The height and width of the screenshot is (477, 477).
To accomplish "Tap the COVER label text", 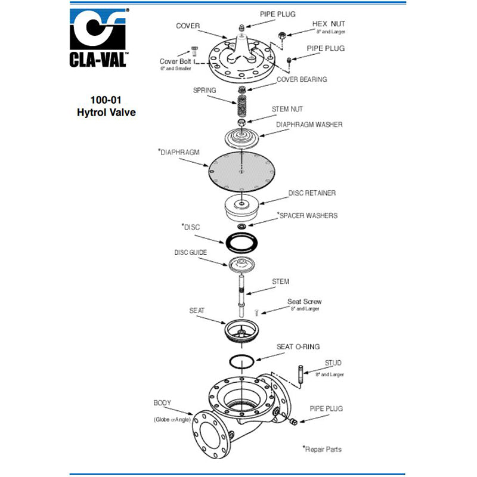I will (x=187, y=26).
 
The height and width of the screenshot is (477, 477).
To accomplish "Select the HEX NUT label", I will (x=329, y=24).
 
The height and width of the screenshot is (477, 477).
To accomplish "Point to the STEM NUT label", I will (x=287, y=109).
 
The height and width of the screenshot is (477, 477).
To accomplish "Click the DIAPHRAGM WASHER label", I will (x=309, y=125).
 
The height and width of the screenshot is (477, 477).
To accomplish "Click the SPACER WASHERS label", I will (x=308, y=215).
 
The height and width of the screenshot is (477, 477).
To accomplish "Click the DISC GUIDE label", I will (x=190, y=252).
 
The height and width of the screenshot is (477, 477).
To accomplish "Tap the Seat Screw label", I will (x=304, y=302).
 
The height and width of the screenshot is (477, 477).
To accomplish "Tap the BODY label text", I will (x=162, y=403).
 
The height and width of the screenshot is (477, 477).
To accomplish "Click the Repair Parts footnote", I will (x=322, y=449).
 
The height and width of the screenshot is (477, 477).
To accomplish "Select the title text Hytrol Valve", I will (x=107, y=112).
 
